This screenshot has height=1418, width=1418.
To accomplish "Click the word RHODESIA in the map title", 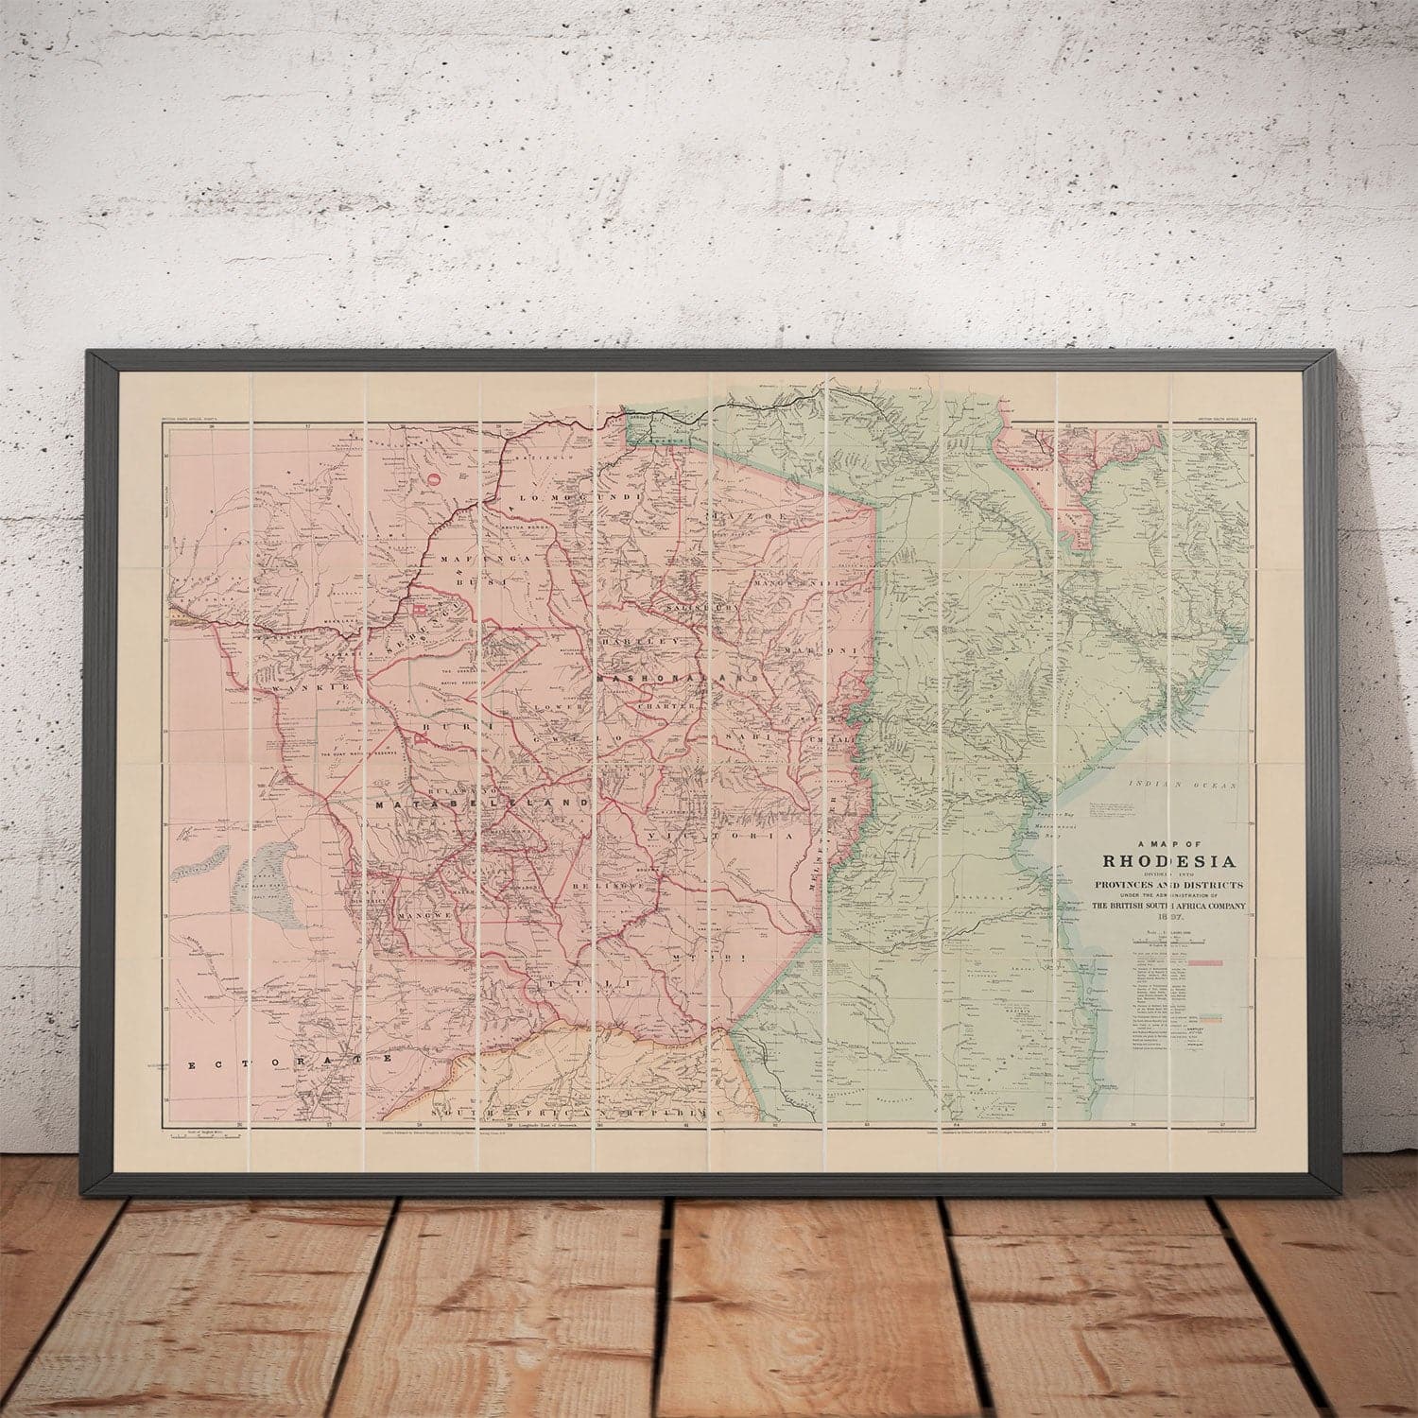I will tap(1169, 860).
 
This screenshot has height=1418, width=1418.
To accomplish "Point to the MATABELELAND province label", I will tap(482, 804).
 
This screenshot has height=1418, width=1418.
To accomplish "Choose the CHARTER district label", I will tap(666, 705).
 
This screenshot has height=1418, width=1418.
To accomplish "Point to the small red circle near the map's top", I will tap(434, 480).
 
